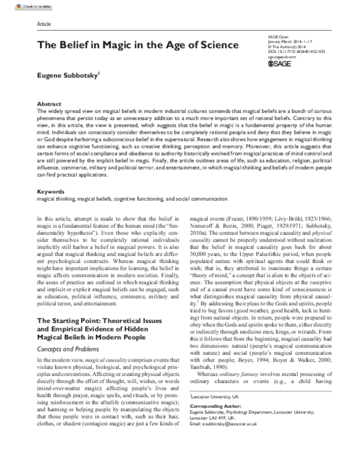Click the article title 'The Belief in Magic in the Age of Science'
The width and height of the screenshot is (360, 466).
[138, 45]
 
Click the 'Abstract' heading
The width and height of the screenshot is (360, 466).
[49, 104]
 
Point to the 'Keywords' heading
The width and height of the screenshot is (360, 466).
[50, 191]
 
